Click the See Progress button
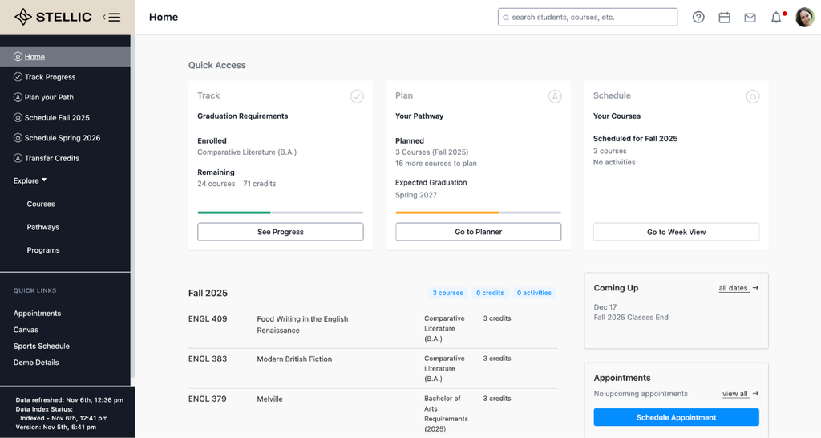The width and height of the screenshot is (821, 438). (x=280, y=232)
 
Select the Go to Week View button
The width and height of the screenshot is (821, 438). (x=676, y=232)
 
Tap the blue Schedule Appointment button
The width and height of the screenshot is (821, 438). (x=676, y=417)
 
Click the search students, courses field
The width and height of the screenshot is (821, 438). (x=588, y=18)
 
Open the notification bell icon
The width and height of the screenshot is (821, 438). (x=776, y=18)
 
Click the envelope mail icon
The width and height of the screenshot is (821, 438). (x=750, y=18)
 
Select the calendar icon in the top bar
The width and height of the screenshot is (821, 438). (x=724, y=18)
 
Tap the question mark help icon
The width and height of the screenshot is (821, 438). (x=698, y=18)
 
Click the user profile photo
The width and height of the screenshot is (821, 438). (x=805, y=18)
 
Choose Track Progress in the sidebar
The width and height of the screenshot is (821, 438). (x=51, y=77)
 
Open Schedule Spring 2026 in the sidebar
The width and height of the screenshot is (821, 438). (x=63, y=138)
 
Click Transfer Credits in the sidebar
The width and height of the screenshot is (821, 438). (x=52, y=158)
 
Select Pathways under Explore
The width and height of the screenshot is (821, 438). (x=43, y=227)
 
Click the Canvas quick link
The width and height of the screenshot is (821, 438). (x=26, y=330)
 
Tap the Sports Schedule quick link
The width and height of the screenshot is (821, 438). (x=42, y=346)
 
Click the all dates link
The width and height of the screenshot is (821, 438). (x=733, y=288)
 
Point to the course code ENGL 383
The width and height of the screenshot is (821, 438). (x=208, y=359)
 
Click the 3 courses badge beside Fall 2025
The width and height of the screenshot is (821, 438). (x=447, y=293)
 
